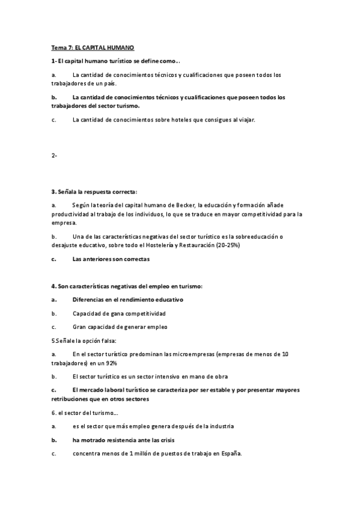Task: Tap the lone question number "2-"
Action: [55, 155]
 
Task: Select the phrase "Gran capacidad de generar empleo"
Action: [120, 327]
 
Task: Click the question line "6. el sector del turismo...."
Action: [85, 412]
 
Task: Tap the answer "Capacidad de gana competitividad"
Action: [119, 313]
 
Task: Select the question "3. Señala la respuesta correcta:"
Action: [94, 191]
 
